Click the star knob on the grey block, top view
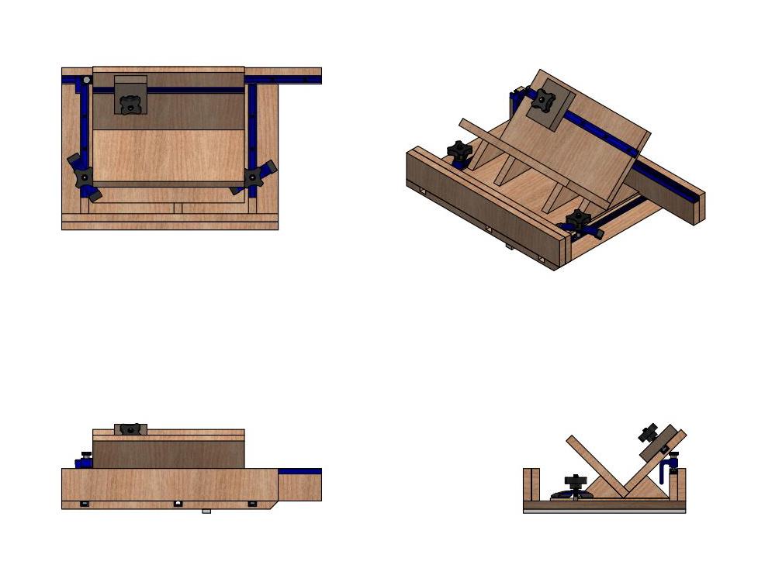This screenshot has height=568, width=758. [x=130, y=103]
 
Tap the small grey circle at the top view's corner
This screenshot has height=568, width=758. [x=87, y=80]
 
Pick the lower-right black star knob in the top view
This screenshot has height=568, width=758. [x=254, y=177]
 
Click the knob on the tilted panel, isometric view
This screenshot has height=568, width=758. [x=542, y=101]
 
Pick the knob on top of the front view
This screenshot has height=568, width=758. [x=130, y=429]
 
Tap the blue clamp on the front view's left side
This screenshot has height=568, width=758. [x=84, y=461]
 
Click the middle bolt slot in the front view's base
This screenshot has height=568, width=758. [x=178, y=504]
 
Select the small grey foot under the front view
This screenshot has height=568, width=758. [x=206, y=511]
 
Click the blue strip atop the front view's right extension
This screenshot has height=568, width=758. [x=299, y=471]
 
